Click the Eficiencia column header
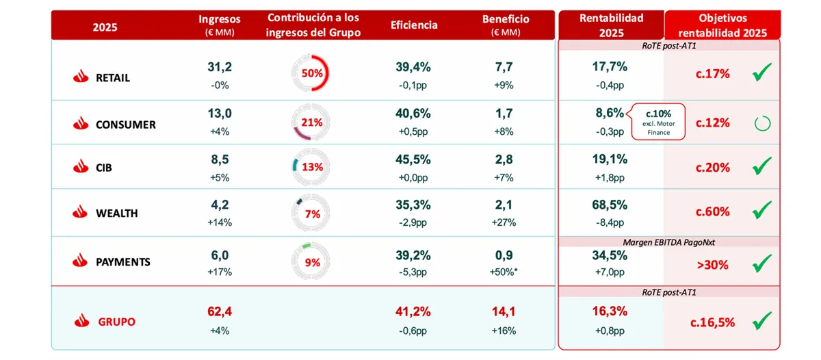414,26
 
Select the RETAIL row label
112,78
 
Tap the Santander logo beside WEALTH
81,213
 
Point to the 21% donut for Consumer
311,122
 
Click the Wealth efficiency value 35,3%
413,203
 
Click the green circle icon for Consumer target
761,123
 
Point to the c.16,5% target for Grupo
712,322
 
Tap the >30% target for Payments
712,264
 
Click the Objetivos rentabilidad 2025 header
723,26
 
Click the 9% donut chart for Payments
311,261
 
